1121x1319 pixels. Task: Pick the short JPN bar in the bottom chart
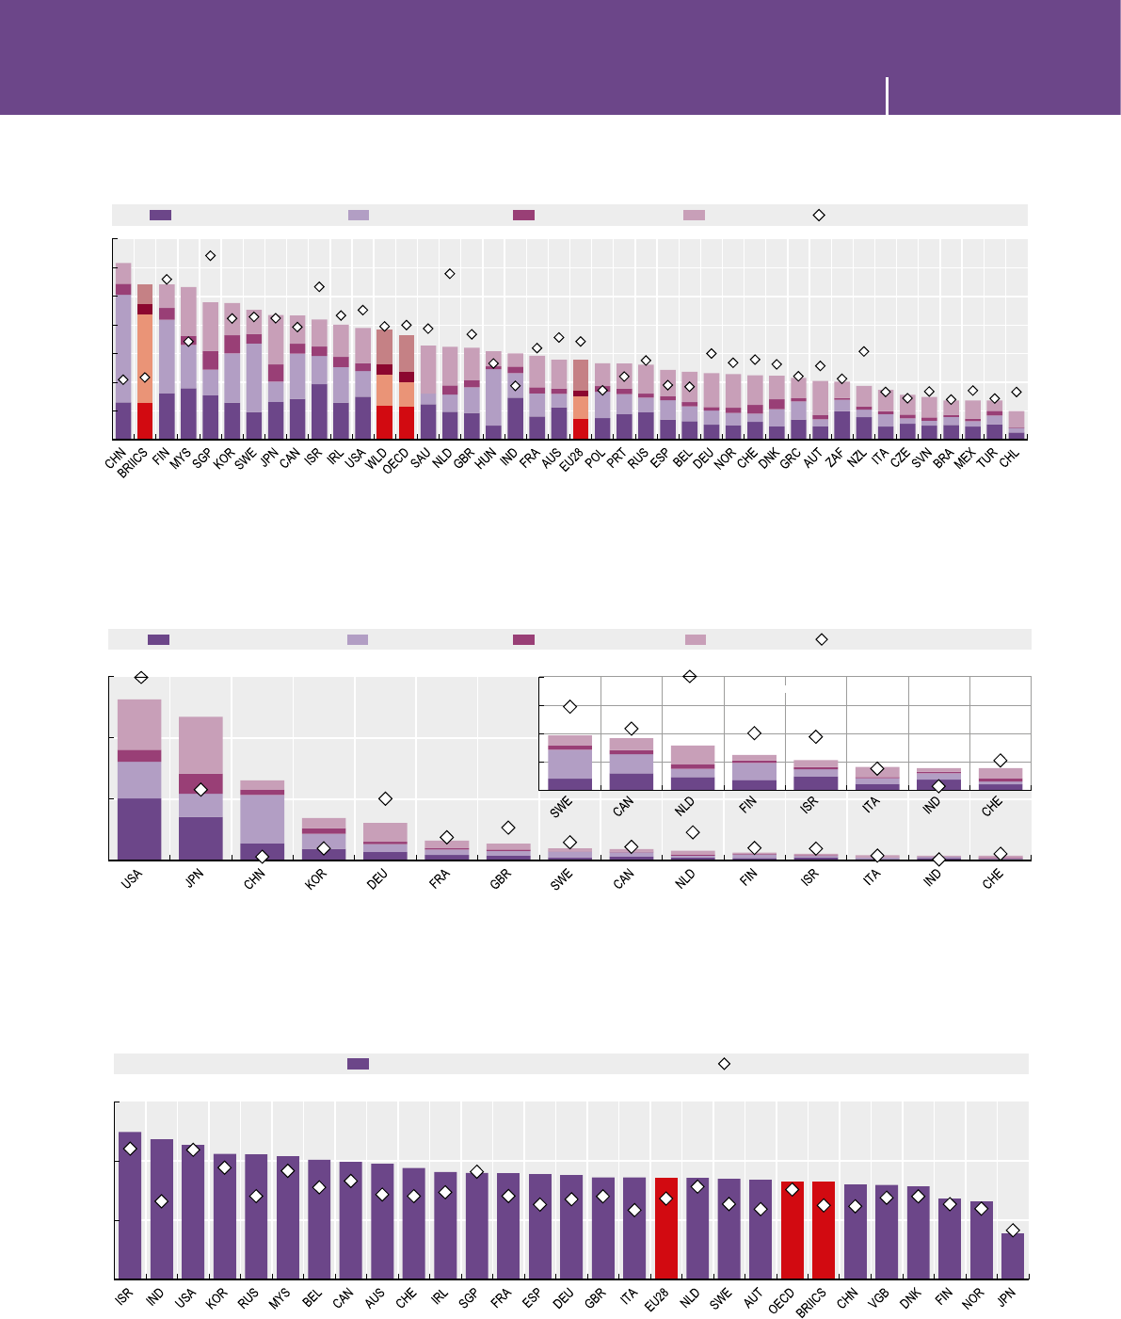coord(1013,1255)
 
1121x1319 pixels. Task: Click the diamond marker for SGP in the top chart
coord(211,255)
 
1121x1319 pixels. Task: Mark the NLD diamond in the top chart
coord(450,274)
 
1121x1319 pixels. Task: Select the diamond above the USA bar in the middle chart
coord(141,677)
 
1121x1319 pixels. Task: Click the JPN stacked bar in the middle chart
coord(200,788)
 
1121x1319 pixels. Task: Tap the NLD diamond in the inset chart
coord(690,676)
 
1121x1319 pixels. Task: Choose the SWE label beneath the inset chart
coord(561,807)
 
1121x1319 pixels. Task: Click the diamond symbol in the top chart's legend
coord(819,215)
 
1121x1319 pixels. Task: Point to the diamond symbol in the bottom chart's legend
coord(724,1063)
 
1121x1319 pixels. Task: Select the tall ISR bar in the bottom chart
coord(130,1204)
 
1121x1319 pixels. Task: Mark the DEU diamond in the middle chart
coord(385,798)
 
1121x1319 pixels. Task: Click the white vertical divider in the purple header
coord(887,96)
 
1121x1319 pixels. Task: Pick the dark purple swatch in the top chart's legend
coord(160,215)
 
